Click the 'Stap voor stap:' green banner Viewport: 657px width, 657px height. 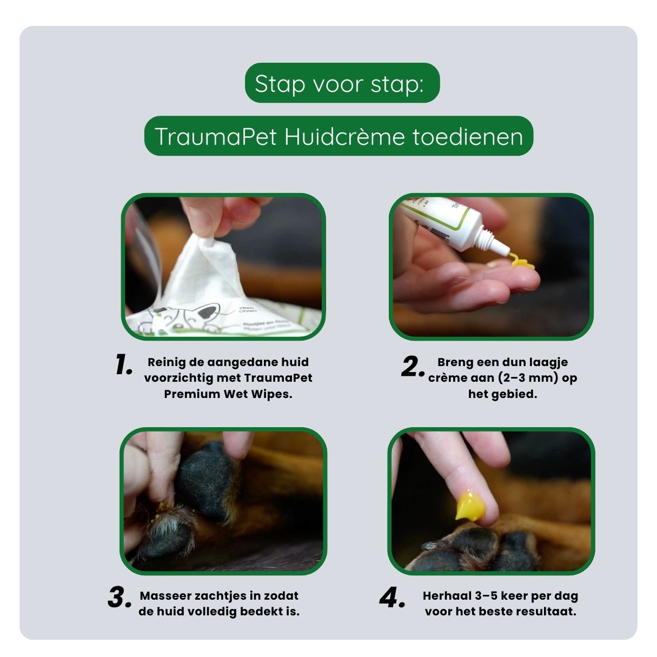(342, 84)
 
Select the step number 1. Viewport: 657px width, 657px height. (123, 365)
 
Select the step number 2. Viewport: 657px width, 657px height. (412, 367)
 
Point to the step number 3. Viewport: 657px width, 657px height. (119, 598)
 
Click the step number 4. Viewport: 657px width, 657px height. (391, 598)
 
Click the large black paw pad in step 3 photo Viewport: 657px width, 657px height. (208, 481)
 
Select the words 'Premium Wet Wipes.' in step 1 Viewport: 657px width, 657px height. (228, 394)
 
